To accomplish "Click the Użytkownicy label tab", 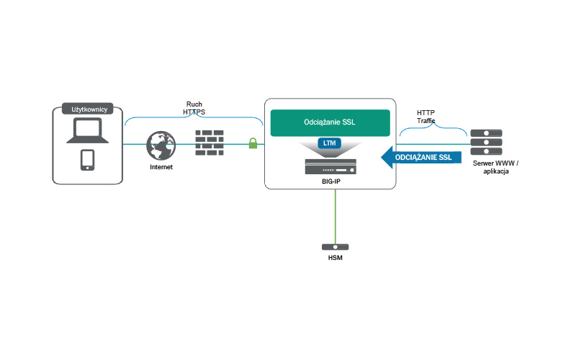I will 89,109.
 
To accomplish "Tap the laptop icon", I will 88,132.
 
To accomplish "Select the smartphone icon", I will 88,160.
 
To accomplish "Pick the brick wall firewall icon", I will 210,142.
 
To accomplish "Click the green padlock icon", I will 253,143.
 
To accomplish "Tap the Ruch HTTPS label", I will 194,108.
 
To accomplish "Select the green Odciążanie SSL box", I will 330,123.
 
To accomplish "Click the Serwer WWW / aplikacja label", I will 495,168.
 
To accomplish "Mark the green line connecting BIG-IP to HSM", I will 335,216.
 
